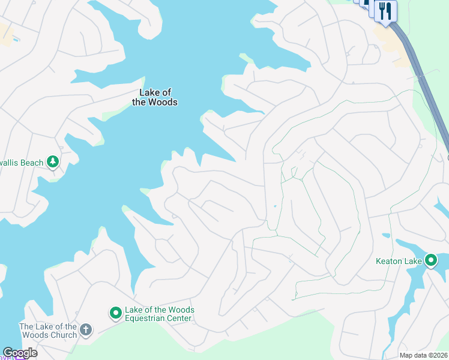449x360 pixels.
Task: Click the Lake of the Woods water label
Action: [155, 97]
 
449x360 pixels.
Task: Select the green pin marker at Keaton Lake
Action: [431, 260]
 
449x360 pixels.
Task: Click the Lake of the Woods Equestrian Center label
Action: [159, 314]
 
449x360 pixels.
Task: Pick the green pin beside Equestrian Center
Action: [115, 313]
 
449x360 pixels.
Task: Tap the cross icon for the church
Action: [86, 329]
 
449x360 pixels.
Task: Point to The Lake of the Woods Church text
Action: [48, 331]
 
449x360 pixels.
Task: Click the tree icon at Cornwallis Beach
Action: [53, 161]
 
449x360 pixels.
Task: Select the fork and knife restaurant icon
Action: [385, 10]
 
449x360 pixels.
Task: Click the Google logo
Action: [20, 353]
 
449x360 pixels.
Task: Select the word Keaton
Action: [388, 261]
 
